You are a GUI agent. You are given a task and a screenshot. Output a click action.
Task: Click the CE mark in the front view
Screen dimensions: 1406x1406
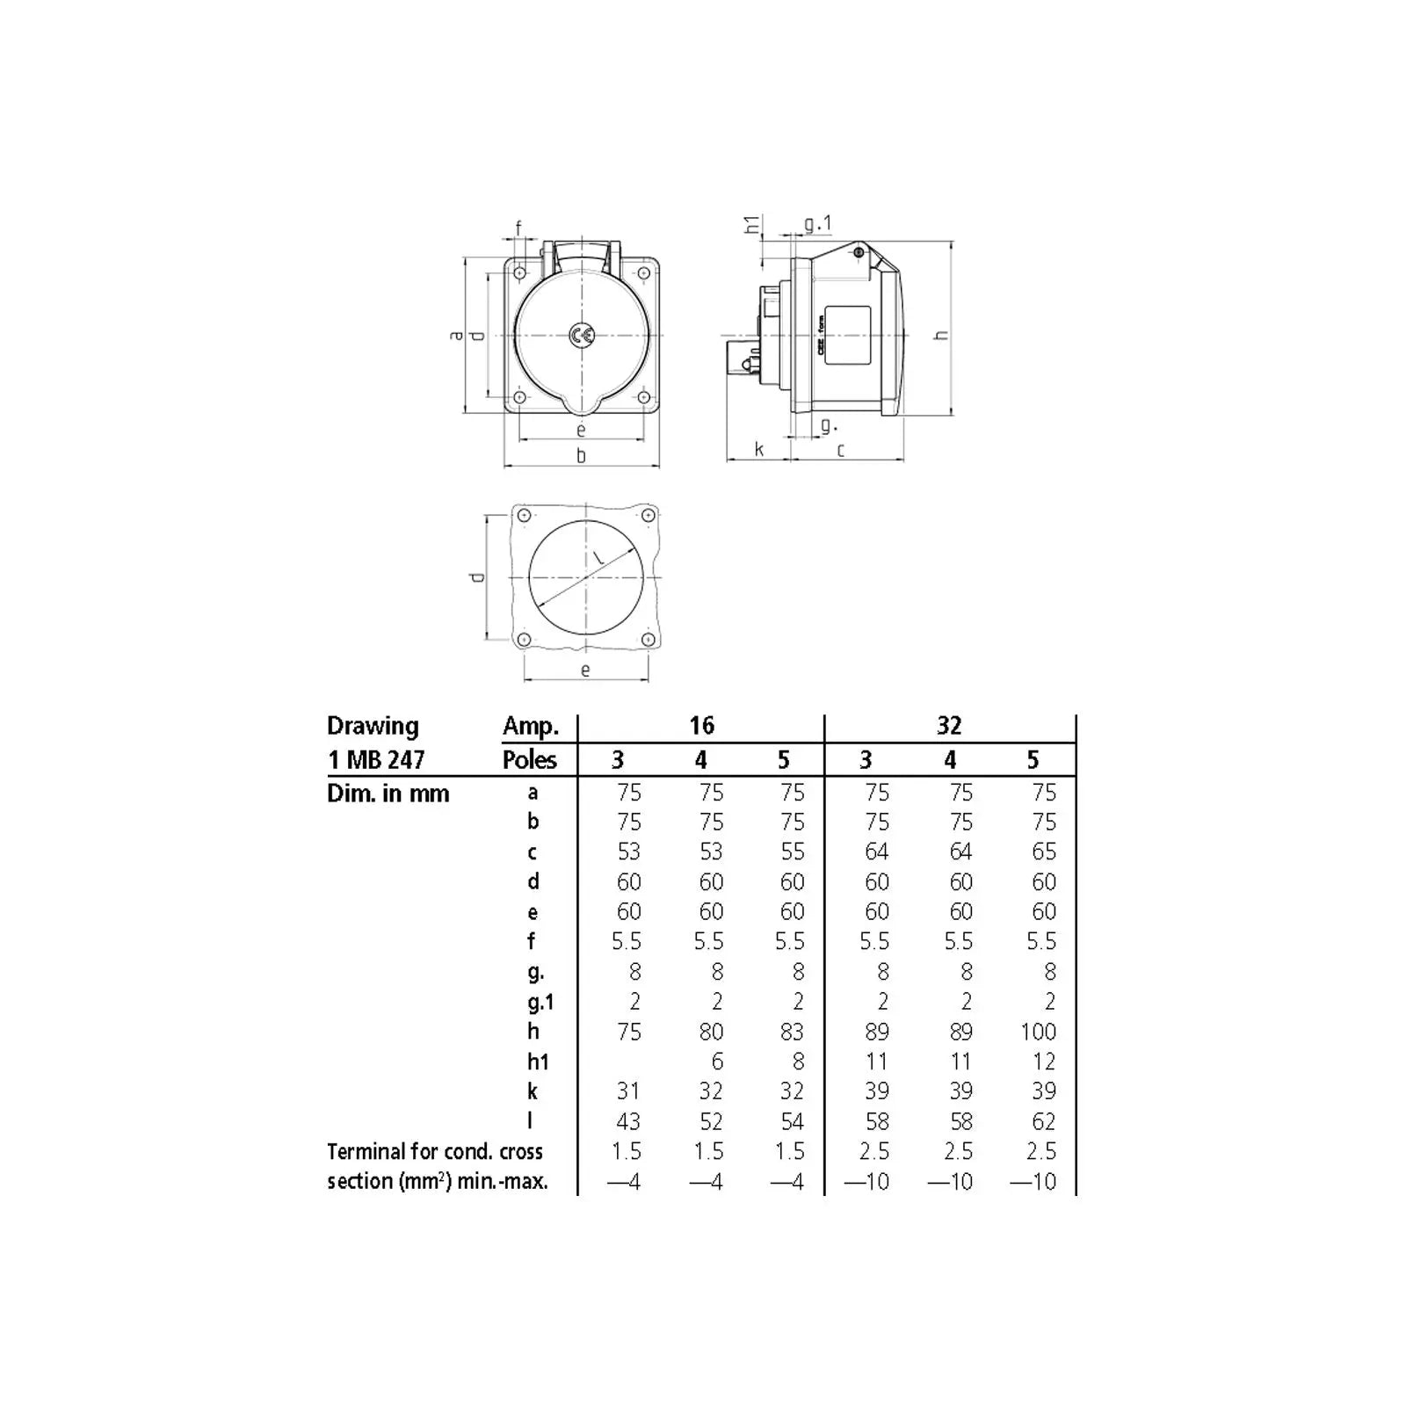coord(581,336)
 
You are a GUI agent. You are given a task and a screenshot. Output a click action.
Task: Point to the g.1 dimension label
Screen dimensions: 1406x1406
coord(817,224)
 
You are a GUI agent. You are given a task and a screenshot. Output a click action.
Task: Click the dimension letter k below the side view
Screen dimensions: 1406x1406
coord(759,450)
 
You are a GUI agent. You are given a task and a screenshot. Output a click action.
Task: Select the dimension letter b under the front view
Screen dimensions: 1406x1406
coord(581,455)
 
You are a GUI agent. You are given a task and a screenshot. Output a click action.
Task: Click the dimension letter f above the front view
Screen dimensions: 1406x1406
coord(518,228)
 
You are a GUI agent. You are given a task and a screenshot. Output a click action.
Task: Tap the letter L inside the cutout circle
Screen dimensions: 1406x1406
coord(598,557)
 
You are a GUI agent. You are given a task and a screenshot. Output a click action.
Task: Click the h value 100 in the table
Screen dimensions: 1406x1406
coord(1039,1032)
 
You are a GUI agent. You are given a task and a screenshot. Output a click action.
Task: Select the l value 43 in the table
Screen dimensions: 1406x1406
coord(628,1121)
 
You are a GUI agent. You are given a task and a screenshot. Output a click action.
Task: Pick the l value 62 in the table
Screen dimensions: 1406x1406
coord(1044,1121)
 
